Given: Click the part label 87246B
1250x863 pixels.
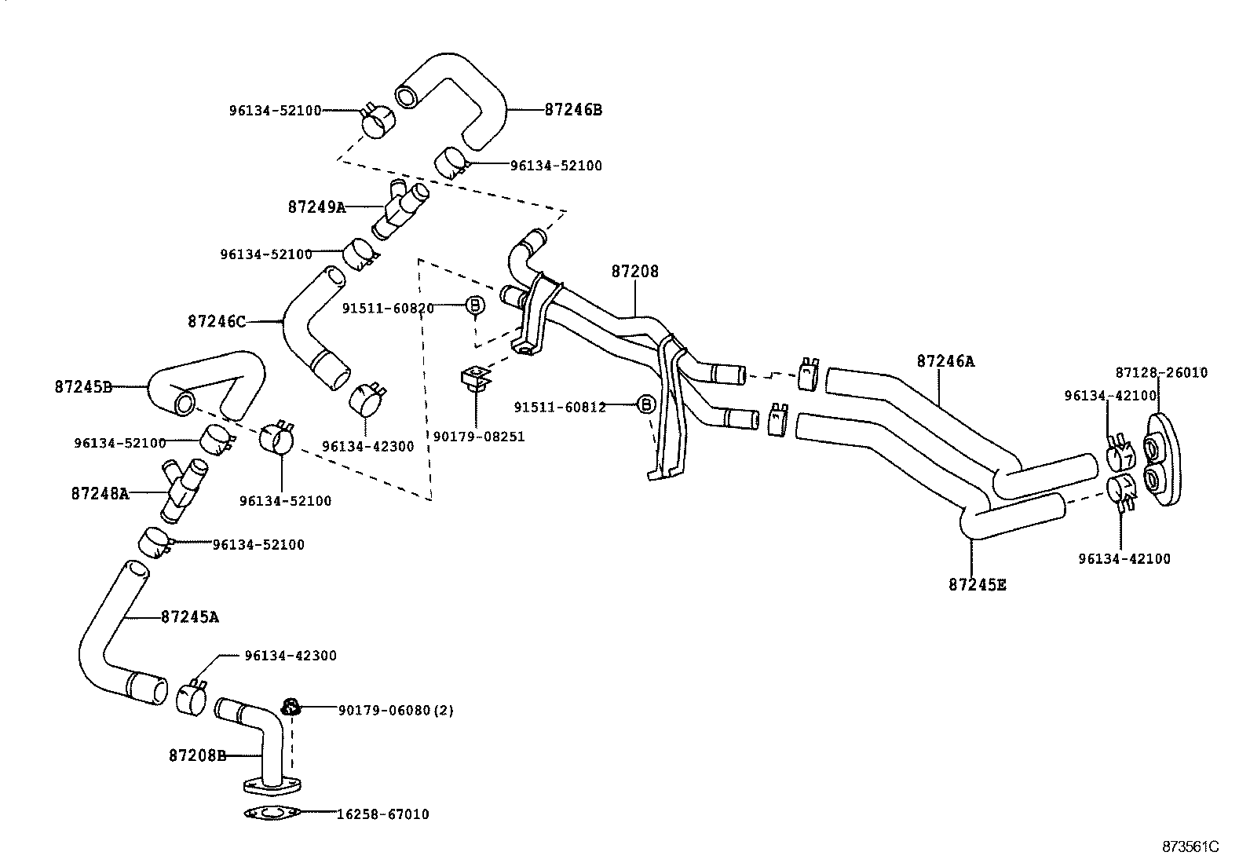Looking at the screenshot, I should (573, 110).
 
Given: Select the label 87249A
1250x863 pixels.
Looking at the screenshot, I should (316, 207).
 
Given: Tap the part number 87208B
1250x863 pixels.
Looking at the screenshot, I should (197, 755).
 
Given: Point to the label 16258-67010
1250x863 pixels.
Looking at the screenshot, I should (382, 814).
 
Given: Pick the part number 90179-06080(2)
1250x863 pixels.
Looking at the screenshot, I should (396, 710).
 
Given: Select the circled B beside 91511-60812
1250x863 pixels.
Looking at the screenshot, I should (645, 404).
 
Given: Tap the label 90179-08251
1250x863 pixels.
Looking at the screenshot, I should (479, 437).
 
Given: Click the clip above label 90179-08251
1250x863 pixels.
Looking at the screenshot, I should (475, 378).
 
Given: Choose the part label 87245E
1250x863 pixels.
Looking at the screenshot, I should (978, 584).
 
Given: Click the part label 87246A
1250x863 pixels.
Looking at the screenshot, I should (945, 361).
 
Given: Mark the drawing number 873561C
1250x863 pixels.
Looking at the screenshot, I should (1190, 847).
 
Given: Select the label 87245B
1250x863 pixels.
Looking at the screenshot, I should (83, 386).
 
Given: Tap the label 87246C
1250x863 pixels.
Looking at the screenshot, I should (217, 321).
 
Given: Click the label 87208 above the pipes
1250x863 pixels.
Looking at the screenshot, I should (635, 272).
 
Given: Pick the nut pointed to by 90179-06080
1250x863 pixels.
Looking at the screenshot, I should (291, 706).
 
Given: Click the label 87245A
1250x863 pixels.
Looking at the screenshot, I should (189, 617).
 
